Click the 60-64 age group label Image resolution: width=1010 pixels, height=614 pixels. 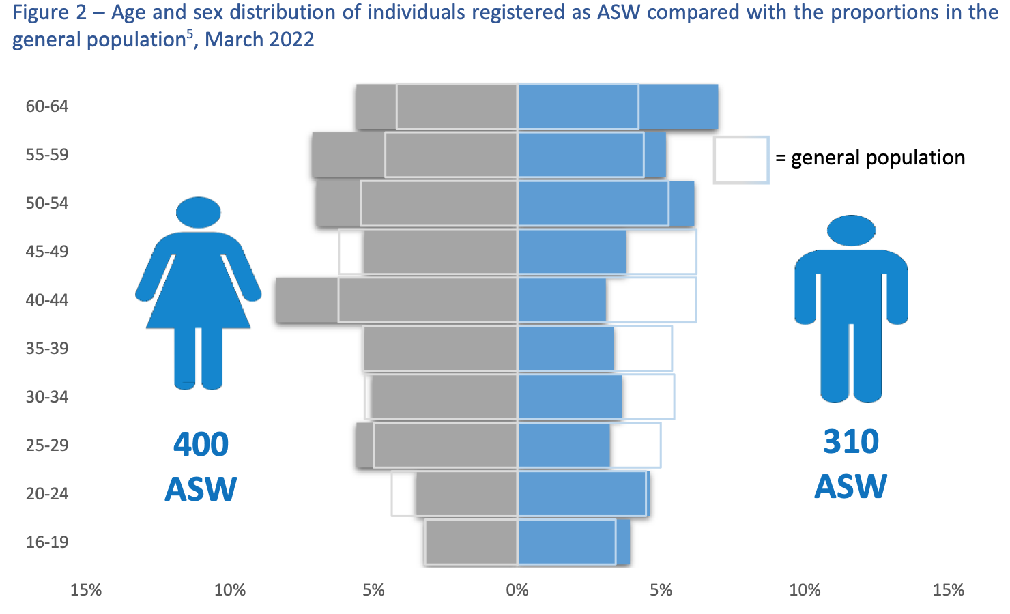click(x=47, y=106)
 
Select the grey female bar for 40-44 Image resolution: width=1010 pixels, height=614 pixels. click(x=396, y=300)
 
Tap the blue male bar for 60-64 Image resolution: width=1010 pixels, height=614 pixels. click(x=618, y=107)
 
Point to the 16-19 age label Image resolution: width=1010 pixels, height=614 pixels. click(x=47, y=542)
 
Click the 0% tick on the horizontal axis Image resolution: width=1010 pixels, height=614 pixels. click(x=517, y=589)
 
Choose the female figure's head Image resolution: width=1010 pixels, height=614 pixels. click(x=199, y=212)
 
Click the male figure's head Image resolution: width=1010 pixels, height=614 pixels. click(x=851, y=231)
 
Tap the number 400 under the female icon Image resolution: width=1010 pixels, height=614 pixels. click(x=201, y=445)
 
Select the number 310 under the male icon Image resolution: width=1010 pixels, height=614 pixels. click(x=851, y=441)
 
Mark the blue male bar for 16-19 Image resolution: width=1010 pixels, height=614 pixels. click(x=573, y=542)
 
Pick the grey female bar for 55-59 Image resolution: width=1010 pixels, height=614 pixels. click(x=414, y=155)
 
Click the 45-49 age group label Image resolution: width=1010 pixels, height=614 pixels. click(x=47, y=252)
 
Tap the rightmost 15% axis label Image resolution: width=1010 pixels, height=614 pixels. click(x=949, y=589)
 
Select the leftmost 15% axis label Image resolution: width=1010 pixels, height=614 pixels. click(x=86, y=589)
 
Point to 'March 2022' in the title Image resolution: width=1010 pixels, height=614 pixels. click(x=259, y=40)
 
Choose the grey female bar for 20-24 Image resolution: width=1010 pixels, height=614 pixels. click(x=466, y=494)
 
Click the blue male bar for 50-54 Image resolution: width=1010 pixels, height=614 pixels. click(x=606, y=203)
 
